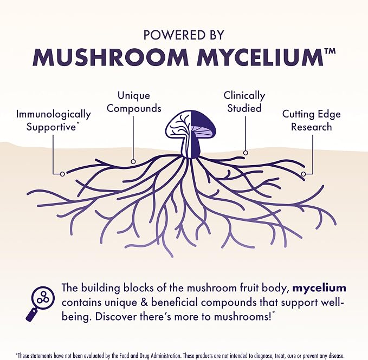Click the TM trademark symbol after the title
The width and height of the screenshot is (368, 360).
pyautogui.click(x=330, y=51)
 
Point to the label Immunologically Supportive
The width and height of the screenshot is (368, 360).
pyautogui.click(x=54, y=121)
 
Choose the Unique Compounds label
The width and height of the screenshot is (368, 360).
pyautogui.click(x=134, y=102)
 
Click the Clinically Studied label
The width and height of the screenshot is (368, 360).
pyautogui.click(x=244, y=102)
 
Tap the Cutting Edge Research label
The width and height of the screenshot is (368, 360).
pyautogui.click(x=312, y=121)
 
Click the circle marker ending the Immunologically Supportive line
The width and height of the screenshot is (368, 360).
pyautogui.click(x=62, y=174)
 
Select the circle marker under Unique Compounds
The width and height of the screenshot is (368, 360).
pyautogui.click(x=133, y=161)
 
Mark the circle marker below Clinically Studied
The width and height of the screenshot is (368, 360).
pyautogui.click(x=246, y=153)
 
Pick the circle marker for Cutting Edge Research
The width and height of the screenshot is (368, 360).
pyautogui.click(x=304, y=174)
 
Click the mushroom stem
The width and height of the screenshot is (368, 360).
pyautogui.click(x=191, y=148)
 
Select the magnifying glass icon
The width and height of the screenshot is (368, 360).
pyautogui.click(x=40, y=303)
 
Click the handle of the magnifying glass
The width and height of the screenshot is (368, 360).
pyautogui.click(x=31, y=315)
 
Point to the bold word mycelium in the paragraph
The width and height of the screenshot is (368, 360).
pyautogui.click(x=319, y=288)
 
